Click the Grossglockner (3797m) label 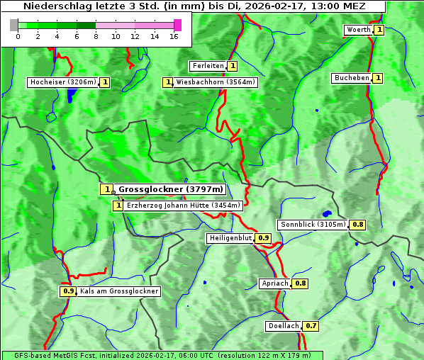coord(170,189)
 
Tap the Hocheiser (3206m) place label coord(62,82)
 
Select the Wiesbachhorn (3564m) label coord(216,82)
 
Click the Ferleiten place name coord(208,66)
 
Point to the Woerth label coord(358,30)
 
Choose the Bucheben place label coord(352,78)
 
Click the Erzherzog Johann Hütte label coord(184,206)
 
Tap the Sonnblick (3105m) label coord(313,225)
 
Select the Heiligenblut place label coord(230,238)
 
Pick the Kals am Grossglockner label coord(119,291)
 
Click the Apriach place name coord(275,283)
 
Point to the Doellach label coord(284,327)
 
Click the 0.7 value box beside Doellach coord(311,327)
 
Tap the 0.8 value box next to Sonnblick coord(358,225)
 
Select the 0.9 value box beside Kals coord(68,291)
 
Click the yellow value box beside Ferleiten coord(233,66)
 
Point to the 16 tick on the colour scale coord(174,35)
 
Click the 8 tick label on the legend coord(96,35)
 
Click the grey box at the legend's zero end coord(14,26)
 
